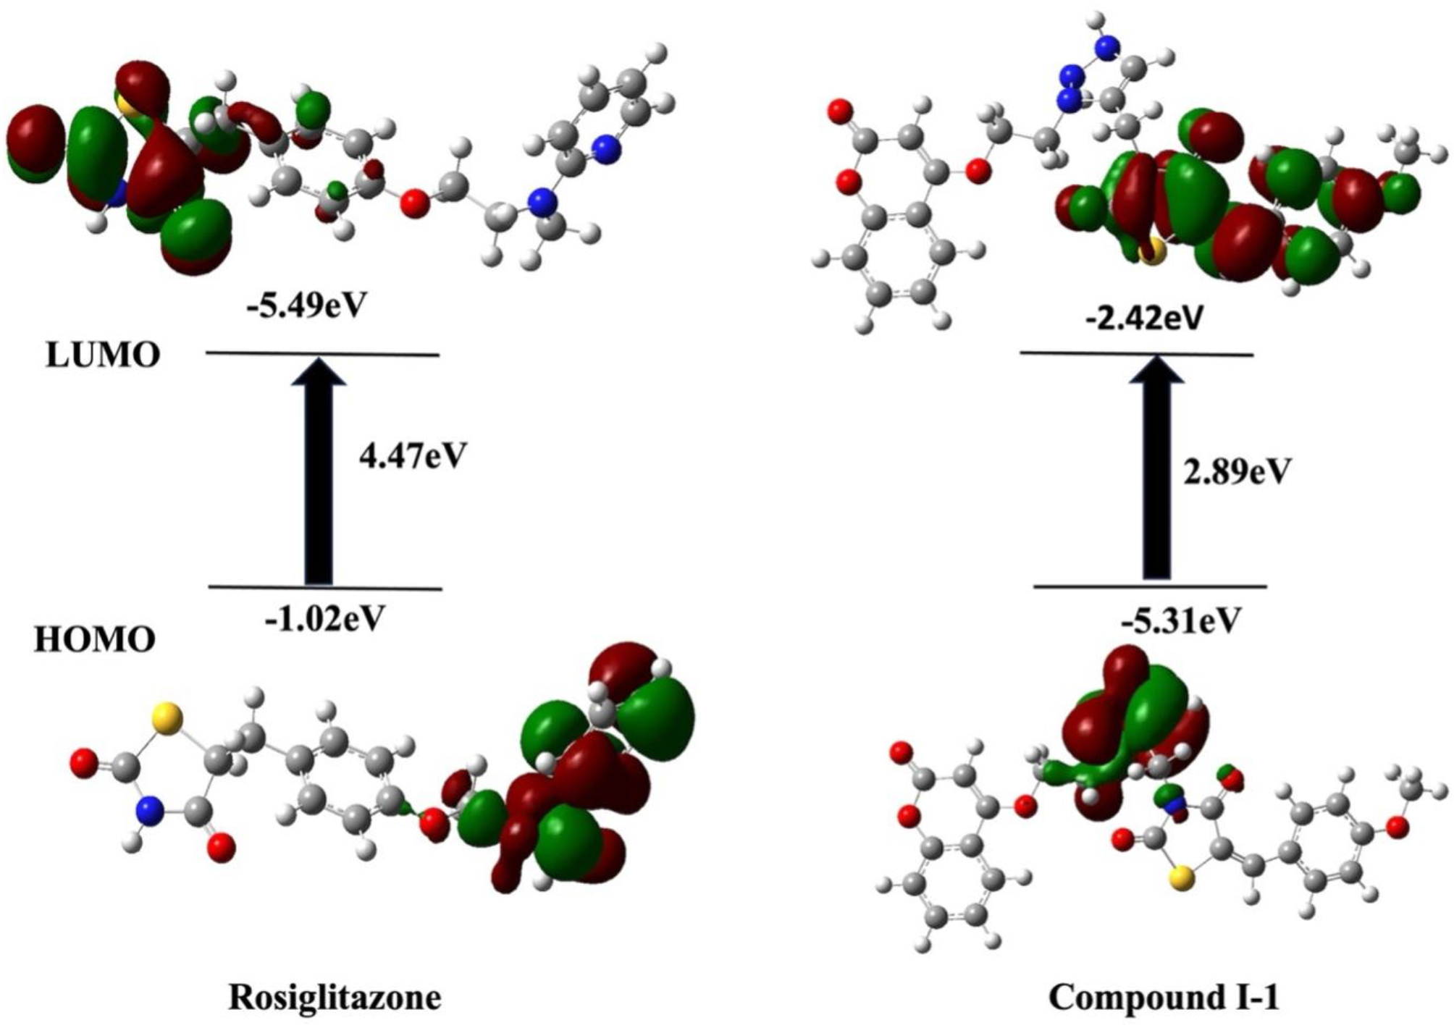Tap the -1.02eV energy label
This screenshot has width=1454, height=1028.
(x=324, y=618)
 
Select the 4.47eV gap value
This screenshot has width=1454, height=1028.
(x=412, y=456)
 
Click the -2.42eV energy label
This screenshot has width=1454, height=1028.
(x=1143, y=317)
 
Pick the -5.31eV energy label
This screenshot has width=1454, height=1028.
(x=1181, y=620)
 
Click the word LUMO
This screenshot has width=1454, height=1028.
(x=102, y=356)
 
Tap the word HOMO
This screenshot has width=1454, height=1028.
(x=95, y=640)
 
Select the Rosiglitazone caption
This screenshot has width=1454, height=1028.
(x=335, y=998)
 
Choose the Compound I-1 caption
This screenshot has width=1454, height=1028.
(x=1164, y=998)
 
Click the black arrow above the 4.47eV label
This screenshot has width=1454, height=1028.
(x=319, y=470)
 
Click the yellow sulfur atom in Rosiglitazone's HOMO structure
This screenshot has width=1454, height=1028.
(x=167, y=717)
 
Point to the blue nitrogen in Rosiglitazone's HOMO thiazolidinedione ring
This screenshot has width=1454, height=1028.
(x=148, y=806)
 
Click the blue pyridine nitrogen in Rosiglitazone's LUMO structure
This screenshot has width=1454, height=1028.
(x=608, y=149)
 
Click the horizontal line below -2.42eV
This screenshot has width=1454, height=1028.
(x=1137, y=354)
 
